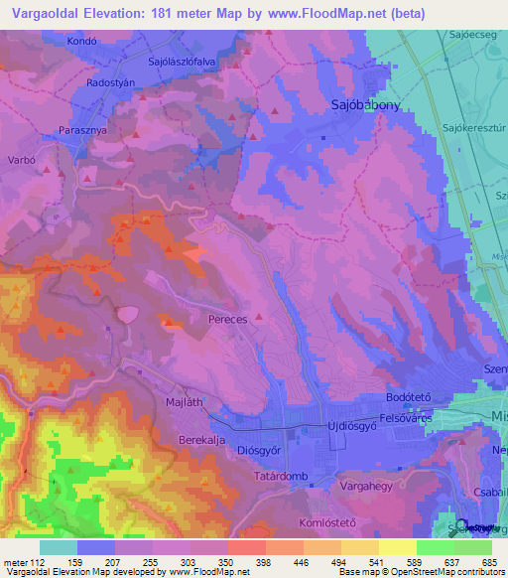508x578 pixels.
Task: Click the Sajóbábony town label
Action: coord(364,104)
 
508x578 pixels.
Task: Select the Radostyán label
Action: coord(110,83)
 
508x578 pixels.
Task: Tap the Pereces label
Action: coord(227,322)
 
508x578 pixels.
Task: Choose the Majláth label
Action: coord(184,402)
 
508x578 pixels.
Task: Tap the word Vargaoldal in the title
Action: coord(46,13)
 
